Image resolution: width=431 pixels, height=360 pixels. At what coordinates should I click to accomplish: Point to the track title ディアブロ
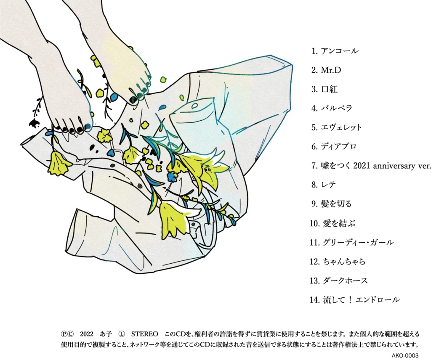(x=338, y=146)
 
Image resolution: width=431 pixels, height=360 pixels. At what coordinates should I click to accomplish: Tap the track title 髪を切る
(x=337, y=204)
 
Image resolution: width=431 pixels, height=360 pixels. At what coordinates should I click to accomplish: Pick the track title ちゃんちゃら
(x=344, y=262)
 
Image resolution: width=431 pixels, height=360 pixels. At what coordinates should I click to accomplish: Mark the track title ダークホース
(x=345, y=281)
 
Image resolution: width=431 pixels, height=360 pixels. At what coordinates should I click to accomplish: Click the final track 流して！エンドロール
(x=361, y=300)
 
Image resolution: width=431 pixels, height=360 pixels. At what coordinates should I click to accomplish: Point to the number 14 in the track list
(x=314, y=300)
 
